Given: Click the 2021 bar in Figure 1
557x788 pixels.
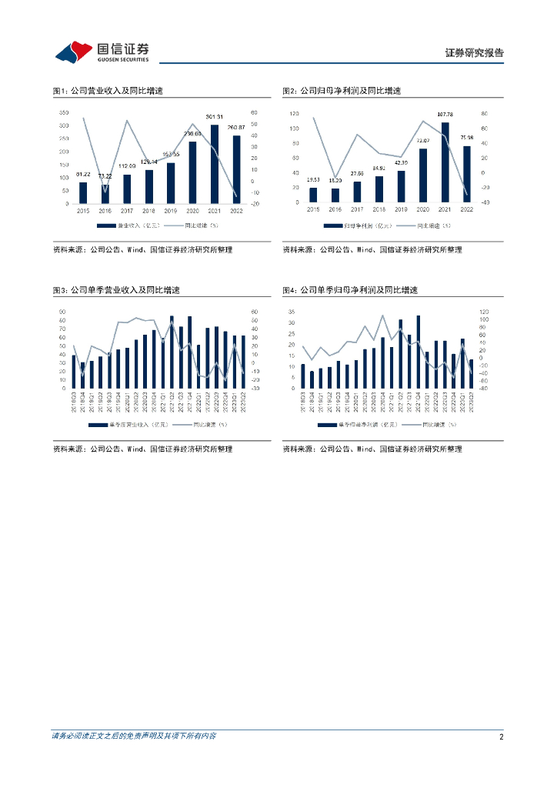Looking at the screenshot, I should click(215, 165).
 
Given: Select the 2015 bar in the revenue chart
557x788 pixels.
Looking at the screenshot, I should click(83, 193).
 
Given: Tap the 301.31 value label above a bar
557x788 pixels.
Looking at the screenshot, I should click(215, 117).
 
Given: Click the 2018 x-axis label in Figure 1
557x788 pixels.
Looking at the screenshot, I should click(148, 210).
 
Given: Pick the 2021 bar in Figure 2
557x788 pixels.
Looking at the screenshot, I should click(445, 162).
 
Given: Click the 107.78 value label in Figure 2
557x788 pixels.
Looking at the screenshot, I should click(445, 115).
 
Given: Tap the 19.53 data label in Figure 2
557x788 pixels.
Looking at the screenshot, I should click(313, 179).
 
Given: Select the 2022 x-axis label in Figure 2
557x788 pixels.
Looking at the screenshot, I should click(466, 209).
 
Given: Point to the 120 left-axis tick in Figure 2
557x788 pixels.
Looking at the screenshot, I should click(293, 113).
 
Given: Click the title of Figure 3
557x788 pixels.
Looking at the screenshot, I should click(115, 290).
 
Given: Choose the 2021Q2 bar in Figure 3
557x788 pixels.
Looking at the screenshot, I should click(172, 352).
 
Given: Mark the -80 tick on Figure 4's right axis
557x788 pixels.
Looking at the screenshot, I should click(482, 388).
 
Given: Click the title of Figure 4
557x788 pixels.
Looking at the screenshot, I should click(349, 290).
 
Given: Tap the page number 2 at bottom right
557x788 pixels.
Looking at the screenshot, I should click(501, 736).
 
